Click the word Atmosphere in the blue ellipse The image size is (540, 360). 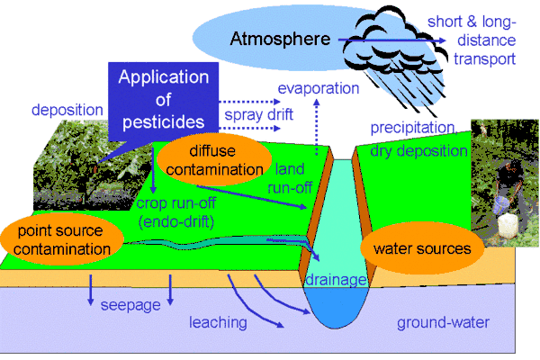[x=280, y=39]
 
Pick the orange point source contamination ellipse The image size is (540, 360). [x=62, y=240]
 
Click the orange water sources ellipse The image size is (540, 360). [x=422, y=248]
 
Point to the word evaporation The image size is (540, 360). [x=319, y=88]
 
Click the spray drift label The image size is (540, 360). [x=258, y=114]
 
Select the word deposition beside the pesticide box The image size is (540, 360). [x=67, y=110]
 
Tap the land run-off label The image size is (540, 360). [x=290, y=178]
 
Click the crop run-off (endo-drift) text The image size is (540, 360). [x=176, y=212]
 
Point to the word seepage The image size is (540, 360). [x=130, y=305]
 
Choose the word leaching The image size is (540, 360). [x=218, y=322]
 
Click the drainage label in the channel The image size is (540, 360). [x=336, y=279]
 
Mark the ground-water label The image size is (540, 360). [x=443, y=323]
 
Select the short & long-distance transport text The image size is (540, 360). [x=484, y=40]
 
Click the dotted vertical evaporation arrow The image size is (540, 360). [x=317, y=127]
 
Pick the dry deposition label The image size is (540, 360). [x=418, y=151]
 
